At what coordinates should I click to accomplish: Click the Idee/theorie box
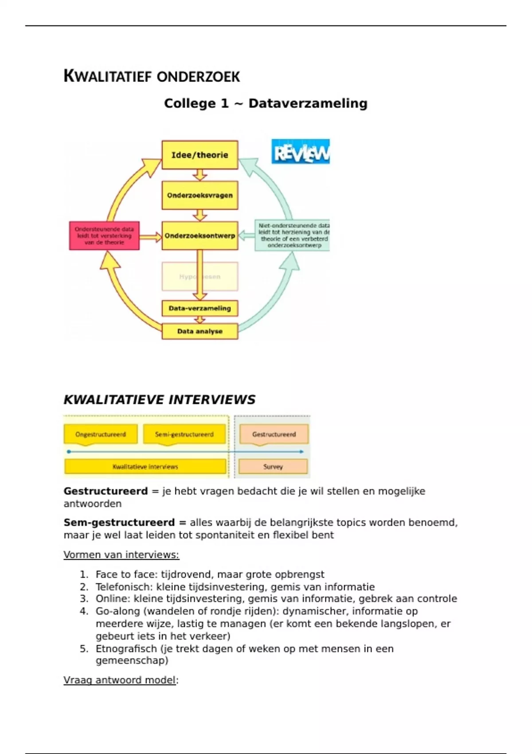pos(199,155)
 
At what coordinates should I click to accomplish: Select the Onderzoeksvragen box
pos(199,195)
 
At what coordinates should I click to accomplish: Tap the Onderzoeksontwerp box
pos(199,236)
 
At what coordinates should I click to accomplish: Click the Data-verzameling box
pos(199,308)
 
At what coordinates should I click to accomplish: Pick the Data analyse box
pos(199,331)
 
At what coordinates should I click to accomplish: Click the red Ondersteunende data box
pos(104,236)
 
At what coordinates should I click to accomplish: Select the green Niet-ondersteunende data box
pos(292,236)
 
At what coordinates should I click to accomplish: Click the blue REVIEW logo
pos(300,152)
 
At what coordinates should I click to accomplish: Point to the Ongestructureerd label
pos(101,434)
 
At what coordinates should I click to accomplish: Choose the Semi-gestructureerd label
pos(184,434)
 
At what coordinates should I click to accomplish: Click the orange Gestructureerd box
pos(274,434)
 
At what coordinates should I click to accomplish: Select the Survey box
pos(273,467)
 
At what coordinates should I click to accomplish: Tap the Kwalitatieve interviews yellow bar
pos(145,467)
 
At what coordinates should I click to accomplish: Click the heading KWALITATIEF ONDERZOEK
pos(152,76)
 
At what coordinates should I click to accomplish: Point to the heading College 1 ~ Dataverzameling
pos(266,103)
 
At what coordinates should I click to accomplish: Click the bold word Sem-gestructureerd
pos(119,522)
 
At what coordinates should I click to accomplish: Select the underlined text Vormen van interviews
pos(121,555)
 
